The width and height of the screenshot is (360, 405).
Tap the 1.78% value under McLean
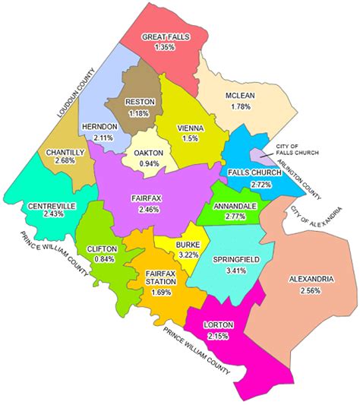242,106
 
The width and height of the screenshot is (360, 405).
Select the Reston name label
139,103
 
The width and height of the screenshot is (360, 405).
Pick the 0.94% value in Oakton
150,163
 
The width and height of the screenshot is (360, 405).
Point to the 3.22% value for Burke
188,255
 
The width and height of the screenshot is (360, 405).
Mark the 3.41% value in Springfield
235,270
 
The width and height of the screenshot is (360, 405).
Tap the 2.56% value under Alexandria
311,290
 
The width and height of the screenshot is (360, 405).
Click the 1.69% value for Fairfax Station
160,290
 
